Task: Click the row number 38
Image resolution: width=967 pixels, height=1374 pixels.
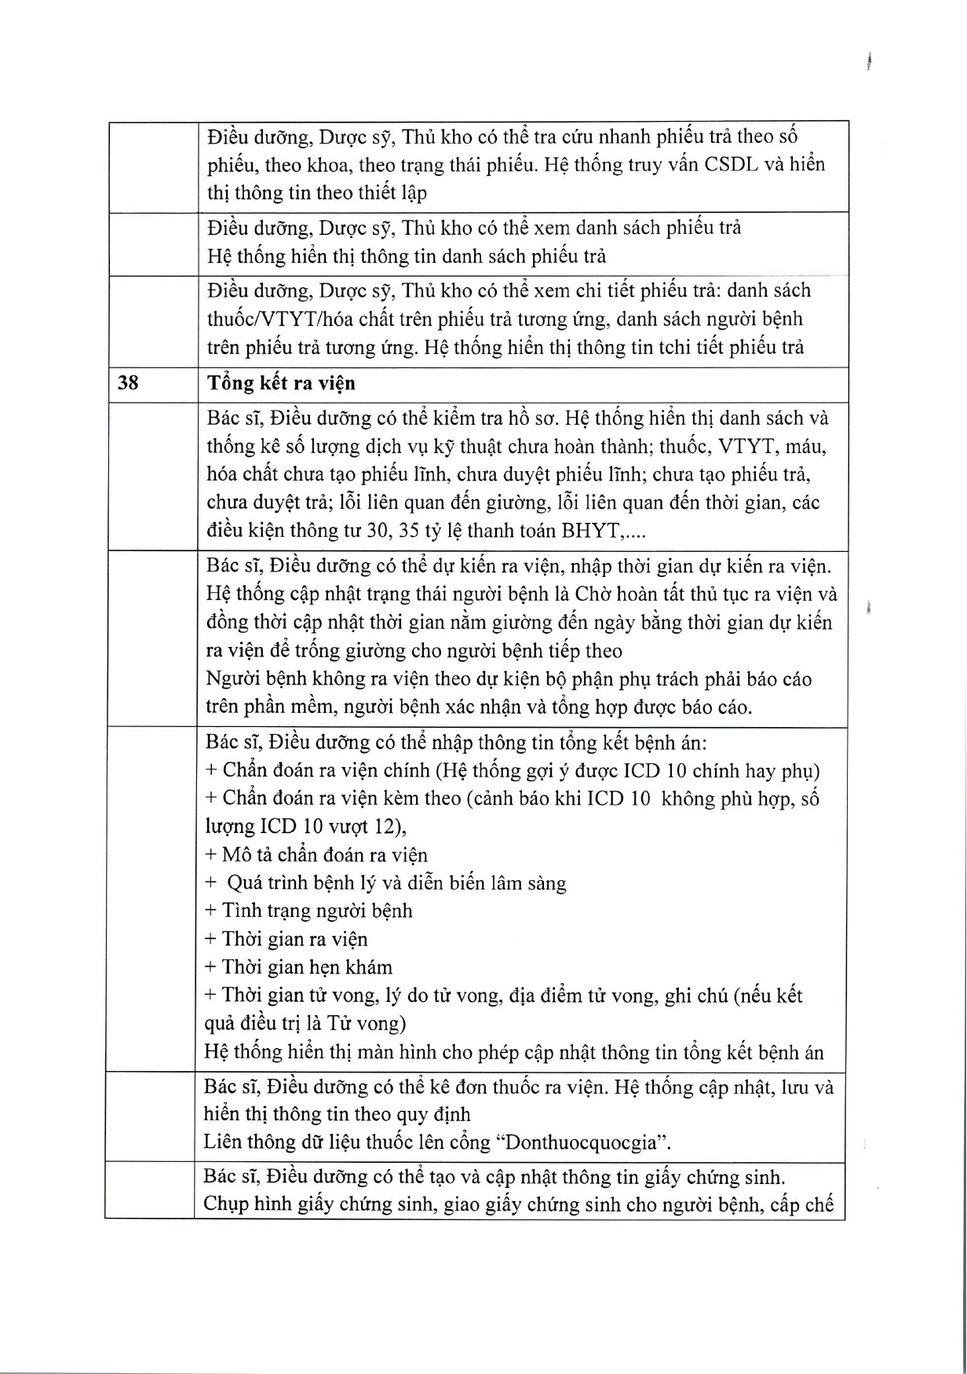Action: coord(128,383)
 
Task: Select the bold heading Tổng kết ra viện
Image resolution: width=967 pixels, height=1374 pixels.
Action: coord(281,383)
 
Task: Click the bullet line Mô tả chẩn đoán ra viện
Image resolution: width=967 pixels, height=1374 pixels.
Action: coord(316,855)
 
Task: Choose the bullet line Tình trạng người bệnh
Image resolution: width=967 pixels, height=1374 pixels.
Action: coord(308,911)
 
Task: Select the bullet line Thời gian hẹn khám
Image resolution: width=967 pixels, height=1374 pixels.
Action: coord(298,967)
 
